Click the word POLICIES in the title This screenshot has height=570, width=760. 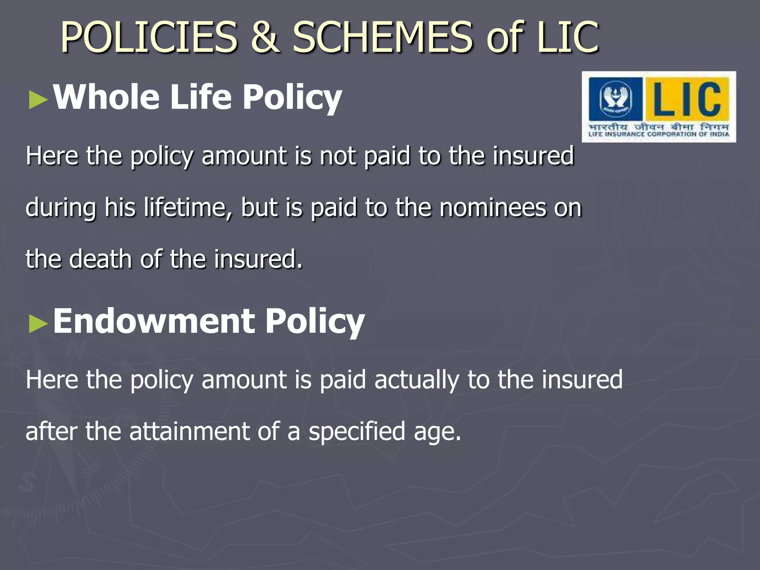tap(149, 37)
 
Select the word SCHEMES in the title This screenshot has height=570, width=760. tap(383, 37)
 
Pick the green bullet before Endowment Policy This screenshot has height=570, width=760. tap(38, 324)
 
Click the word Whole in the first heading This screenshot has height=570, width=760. tap(106, 97)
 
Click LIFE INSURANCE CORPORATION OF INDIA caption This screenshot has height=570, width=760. tap(659, 134)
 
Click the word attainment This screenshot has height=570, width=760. tap(189, 431)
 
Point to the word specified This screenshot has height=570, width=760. tap(357, 431)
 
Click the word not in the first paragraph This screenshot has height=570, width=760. tap(337, 155)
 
